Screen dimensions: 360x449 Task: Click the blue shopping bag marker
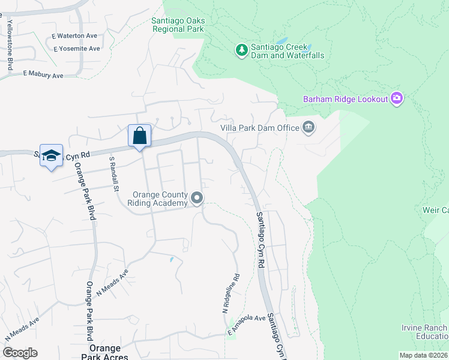[139, 136]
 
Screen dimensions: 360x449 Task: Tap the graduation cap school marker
[52, 155]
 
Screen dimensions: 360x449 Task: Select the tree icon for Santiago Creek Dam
[241, 50]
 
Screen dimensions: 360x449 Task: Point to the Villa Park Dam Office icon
[309, 127]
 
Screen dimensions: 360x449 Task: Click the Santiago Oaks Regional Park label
[178, 25]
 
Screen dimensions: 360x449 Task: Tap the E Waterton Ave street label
[74, 36]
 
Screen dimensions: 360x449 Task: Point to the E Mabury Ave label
[43, 75]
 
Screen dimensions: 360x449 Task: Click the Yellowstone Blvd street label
[10, 45]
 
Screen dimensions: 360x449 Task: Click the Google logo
[20, 353]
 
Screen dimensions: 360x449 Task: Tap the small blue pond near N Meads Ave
[171, 260]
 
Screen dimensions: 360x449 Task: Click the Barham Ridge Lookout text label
[345, 99]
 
